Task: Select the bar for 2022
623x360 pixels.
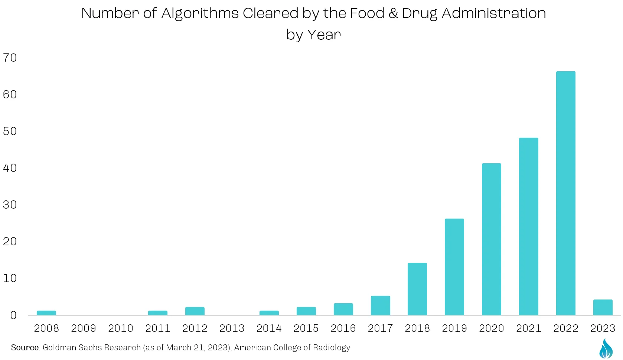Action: click(x=565, y=193)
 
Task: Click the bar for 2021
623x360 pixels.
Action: click(x=528, y=226)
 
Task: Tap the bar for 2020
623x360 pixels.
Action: click(x=492, y=239)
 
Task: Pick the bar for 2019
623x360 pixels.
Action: click(x=454, y=267)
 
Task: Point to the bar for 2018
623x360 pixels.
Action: click(x=417, y=289)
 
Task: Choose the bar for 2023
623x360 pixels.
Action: click(x=603, y=307)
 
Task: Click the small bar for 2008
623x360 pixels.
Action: click(x=46, y=313)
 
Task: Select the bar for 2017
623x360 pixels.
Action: click(x=381, y=305)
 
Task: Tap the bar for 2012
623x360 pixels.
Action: click(x=195, y=311)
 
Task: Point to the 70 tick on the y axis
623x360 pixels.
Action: click(x=10, y=58)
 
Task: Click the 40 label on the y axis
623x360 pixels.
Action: click(x=10, y=168)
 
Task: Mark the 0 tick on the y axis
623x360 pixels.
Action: click(x=13, y=315)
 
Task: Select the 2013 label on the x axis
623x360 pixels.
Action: click(x=232, y=328)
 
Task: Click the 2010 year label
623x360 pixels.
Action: click(x=120, y=328)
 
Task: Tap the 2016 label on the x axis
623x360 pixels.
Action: click(x=343, y=328)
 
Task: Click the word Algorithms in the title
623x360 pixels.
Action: click(x=200, y=14)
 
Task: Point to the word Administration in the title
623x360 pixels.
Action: click(x=494, y=13)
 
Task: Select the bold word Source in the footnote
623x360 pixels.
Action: click(x=25, y=347)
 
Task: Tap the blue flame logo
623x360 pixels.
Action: click(x=606, y=348)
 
